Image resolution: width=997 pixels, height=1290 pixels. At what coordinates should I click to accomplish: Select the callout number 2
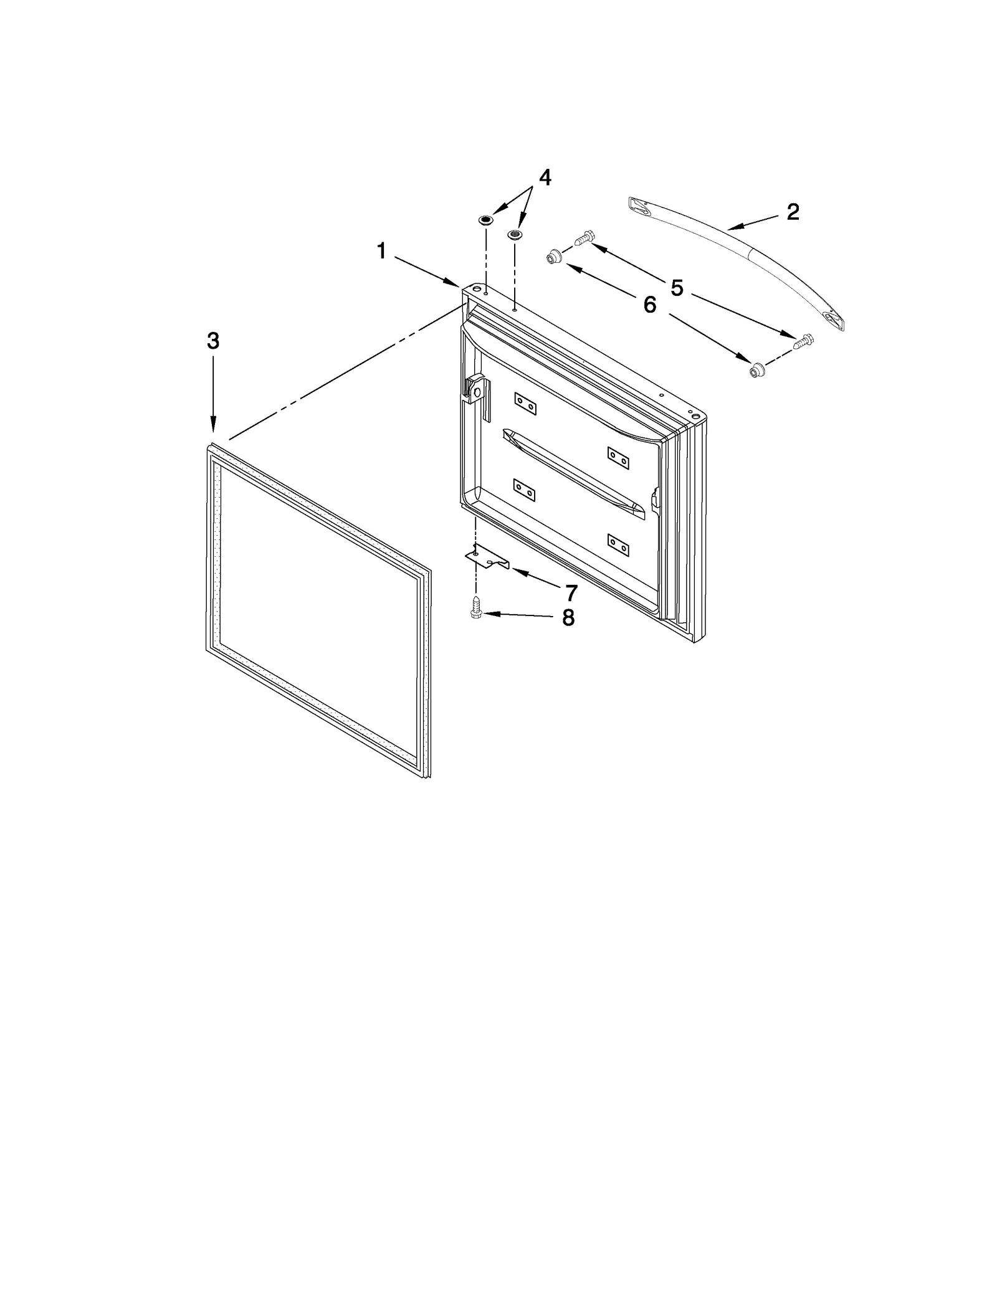tap(793, 212)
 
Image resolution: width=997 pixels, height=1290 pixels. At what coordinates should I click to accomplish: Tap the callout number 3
tap(213, 341)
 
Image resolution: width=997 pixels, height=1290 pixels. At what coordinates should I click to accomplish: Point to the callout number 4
tap(545, 178)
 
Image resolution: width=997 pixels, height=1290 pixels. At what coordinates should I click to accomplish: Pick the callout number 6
tap(650, 305)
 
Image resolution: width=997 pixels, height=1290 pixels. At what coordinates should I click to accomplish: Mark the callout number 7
tap(571, 592)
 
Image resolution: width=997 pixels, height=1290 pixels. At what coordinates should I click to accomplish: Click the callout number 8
tap(568, 618)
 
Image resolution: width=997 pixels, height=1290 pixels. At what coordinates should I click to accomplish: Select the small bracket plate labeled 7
tap(487, 559)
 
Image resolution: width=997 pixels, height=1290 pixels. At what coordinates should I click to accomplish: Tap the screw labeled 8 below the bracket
tap(476, 607)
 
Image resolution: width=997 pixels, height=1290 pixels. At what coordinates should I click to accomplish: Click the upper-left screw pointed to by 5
tap(584, 237)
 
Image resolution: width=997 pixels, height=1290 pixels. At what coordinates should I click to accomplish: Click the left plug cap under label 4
tap(485, 220)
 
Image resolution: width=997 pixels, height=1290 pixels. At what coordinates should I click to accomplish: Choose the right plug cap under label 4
tap(515, 234)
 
